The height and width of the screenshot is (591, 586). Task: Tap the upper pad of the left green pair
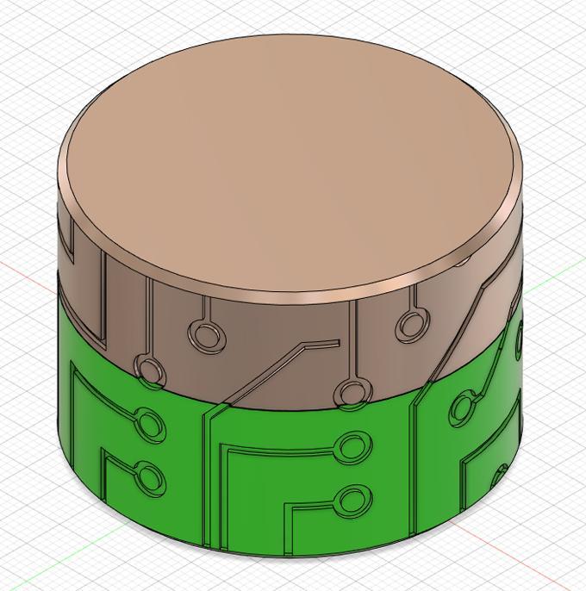point(151,426)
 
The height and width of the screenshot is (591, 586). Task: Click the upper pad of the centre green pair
point(351,445)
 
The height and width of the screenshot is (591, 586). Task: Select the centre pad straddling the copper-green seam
point(350,393)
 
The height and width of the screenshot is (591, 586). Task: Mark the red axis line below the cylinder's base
point(517,551)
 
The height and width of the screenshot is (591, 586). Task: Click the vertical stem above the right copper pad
point(414,297)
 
